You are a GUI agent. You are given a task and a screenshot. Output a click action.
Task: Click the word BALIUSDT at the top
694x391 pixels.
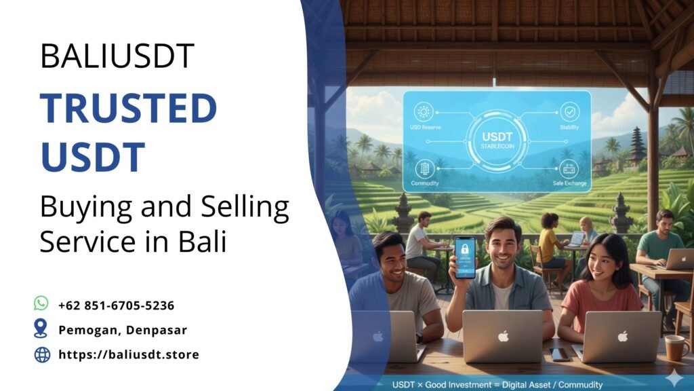pyautogui.click(x=117, y=56)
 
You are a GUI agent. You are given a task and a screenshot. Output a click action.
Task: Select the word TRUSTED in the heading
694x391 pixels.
pyautogui.click(x=128, y=109)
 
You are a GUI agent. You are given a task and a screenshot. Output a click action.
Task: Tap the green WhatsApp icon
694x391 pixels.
pyautogui.click(x=41, y=303)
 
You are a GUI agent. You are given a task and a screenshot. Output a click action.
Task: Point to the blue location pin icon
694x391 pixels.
pyautogui.click(x=41, y=329)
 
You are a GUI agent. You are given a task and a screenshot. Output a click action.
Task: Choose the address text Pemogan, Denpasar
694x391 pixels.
pyautogui.click(x=123, y=330)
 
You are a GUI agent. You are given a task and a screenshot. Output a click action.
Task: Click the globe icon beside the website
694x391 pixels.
pyautogui.click(x=42, y=354)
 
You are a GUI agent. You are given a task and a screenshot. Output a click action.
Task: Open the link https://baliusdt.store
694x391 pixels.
pyautogui.click(x=129, y=354)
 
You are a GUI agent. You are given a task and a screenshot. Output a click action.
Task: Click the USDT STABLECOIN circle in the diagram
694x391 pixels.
pyautogui.click(x=497, y=141)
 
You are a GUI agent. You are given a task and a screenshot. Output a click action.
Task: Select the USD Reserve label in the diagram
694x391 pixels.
pyautogui.click(x=425, y=128)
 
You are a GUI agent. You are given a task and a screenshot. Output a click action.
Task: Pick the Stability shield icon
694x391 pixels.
pyautogui.click(x=569, y=112)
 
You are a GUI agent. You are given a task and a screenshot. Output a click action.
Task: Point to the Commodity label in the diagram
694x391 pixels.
pyautogui.click(x=424, y=183)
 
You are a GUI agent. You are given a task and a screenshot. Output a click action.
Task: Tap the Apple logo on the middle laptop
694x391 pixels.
pyautogui.click(x=502, y=335)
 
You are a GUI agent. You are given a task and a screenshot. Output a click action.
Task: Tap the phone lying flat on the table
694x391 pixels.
pyautogui.click(x=560, y=354)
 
